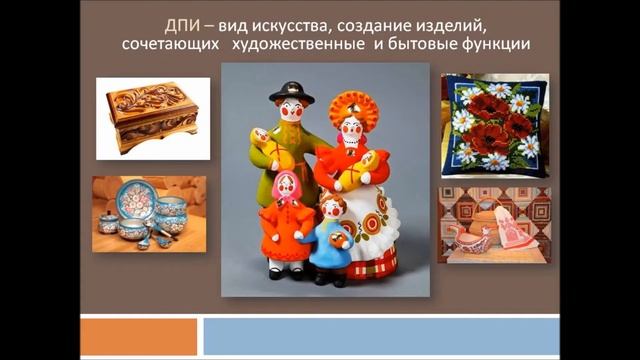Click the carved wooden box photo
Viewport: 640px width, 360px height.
pos(153,118)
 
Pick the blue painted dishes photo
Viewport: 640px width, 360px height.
pos(149,213)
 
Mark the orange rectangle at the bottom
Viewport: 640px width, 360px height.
pos(137,336)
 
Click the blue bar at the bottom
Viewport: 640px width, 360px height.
pos(380,336)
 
